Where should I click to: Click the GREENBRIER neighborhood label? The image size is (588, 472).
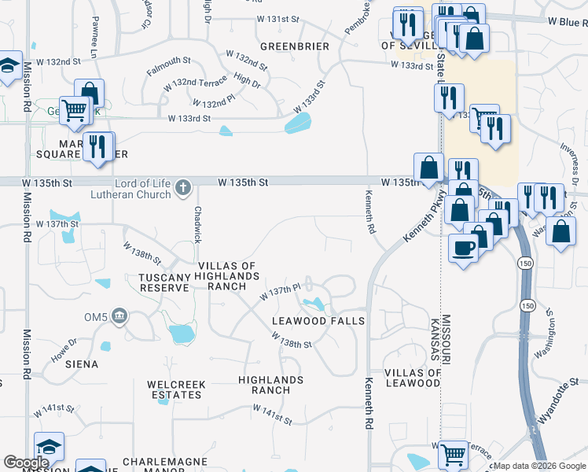[295, 46]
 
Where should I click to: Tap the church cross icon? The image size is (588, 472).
[183, 188]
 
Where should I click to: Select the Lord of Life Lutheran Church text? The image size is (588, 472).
[142, 189]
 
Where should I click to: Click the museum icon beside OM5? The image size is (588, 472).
[119, 316]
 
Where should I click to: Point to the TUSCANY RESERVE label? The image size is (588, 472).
[164, 282]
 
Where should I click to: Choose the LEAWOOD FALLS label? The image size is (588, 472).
[318, 321]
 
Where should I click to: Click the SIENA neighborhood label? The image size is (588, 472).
[83, 364]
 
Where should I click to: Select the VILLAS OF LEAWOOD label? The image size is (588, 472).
[412, 377]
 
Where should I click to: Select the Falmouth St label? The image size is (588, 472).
[168, 66]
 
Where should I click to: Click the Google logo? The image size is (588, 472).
[26, 463]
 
